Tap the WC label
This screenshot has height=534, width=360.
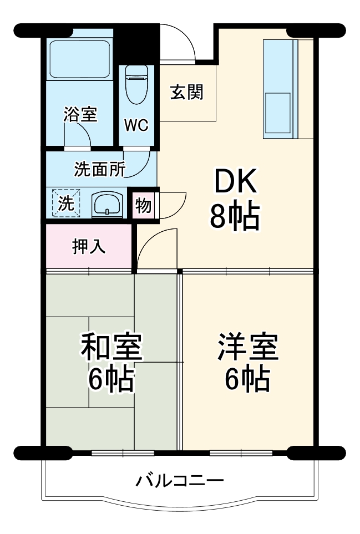point(136,125)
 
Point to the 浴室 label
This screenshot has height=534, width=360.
point(80,115)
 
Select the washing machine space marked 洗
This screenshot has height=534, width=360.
point(67,204)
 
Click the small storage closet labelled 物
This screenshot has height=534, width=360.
point(143,205)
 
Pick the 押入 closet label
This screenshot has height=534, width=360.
point(89,246)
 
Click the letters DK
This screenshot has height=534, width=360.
point(234,182)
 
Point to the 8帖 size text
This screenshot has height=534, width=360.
point(234,216)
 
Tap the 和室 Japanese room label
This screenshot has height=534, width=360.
point(112,347)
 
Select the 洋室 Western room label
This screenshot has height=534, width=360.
point(247,347)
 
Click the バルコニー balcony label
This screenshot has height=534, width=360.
point(180,480)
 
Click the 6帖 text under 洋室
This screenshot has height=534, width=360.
point(247,379)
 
